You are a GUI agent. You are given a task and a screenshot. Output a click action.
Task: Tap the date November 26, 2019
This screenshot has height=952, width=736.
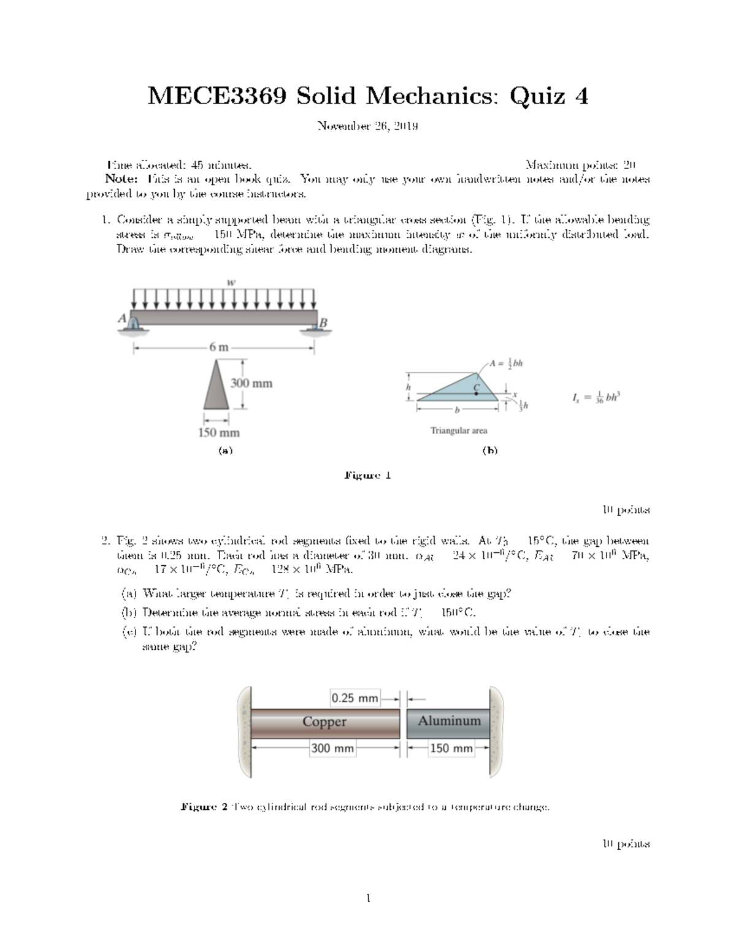tap(367, 127)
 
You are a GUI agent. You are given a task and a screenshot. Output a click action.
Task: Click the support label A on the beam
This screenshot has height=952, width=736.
tap(122, 318)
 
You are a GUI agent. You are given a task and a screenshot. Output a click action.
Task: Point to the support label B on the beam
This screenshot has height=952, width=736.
tap(324, 322)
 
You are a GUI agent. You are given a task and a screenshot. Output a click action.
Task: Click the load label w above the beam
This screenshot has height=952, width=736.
tap(231, 283)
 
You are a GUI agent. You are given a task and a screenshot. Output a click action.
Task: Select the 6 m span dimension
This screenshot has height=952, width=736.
tap(218, 348)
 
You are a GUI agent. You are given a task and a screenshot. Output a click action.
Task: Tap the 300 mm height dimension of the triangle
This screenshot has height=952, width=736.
tap(251, 384)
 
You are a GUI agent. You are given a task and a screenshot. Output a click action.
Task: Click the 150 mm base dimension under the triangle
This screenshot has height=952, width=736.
tap(218, 433)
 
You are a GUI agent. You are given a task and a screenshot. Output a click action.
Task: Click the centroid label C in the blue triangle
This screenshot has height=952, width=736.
tap(476, 387)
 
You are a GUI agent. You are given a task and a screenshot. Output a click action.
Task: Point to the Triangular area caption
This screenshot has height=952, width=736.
tap(459, 431)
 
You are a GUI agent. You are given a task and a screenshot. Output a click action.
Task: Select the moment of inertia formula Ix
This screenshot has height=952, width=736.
tap(596, 398)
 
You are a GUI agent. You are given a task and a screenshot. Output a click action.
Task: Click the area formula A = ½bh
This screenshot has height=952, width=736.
tap(506, 363)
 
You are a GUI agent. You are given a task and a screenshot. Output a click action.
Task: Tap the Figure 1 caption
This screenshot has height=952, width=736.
tap(367, 476)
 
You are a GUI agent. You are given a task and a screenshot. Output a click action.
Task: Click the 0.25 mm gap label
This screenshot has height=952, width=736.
tap(355, 698)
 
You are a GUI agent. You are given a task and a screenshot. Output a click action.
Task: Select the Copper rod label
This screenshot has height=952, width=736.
tap(324, 722)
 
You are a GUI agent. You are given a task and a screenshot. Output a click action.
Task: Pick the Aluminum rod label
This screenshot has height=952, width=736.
tap(449, 721)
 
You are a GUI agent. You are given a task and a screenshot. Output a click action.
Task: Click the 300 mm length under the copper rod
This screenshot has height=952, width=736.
tap(332, 748)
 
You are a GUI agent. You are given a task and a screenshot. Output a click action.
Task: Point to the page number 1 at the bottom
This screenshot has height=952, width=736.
tap(367, 899)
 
